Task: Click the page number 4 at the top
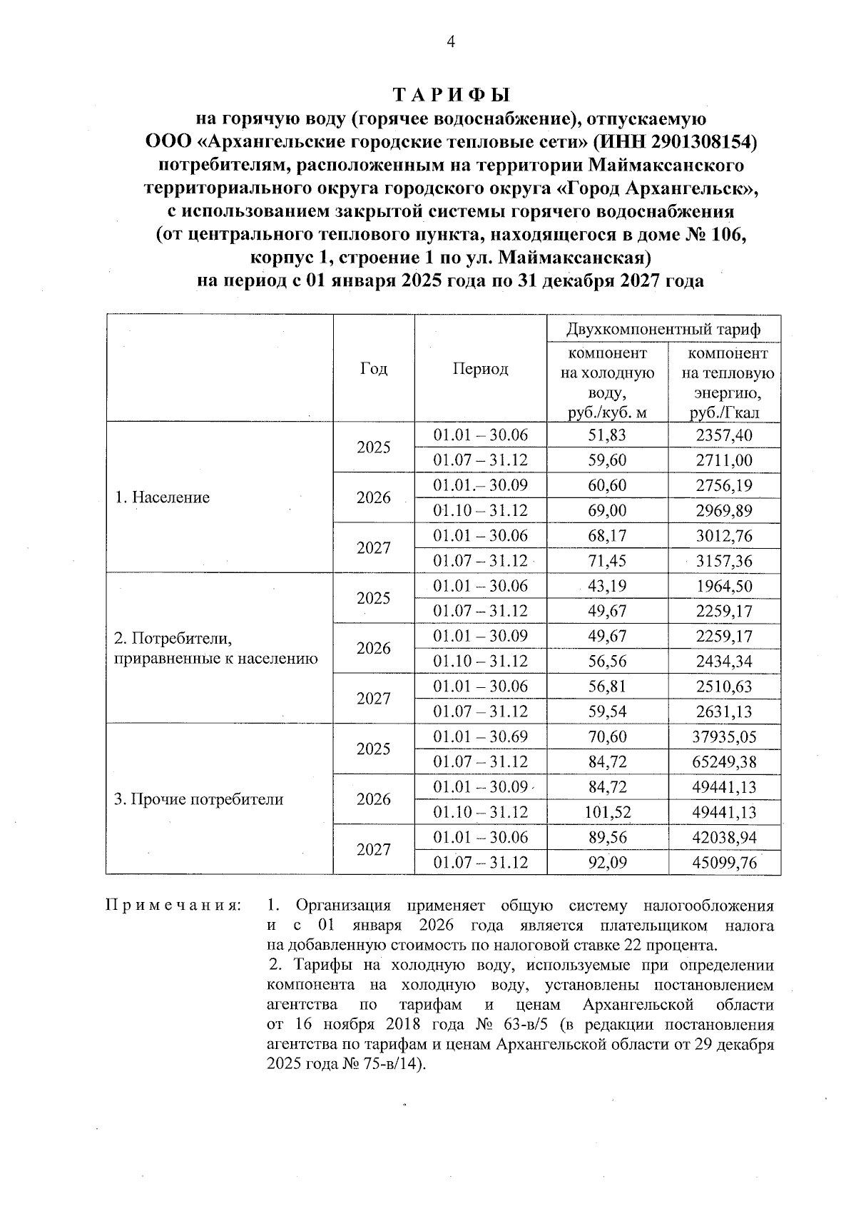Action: [x=449, y=41]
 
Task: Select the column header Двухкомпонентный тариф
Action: [x=663, y=329]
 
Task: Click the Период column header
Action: [x=480, y=369]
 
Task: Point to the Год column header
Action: [x=374, y=369]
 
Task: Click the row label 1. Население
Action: [x=163, y=497]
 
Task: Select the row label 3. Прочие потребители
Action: [x=199, y=799]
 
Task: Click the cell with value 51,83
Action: [x=607, y=435]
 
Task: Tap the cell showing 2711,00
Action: [x=724, y=460]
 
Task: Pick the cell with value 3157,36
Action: [x=724, y=561]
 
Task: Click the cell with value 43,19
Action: [x=607, y=586]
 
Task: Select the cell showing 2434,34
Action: [x=724, y=662]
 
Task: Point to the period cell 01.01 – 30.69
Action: [x=480, y=736]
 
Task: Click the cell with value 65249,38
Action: [x=724, y=762]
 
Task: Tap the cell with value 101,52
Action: [x=607, y=812]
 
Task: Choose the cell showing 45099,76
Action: [x=724, y=863]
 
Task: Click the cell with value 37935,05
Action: [x=724, y=736]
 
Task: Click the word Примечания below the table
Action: [x=173, y=906]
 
